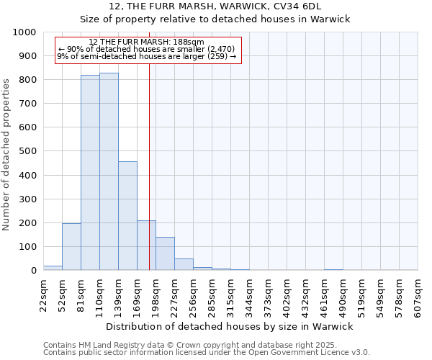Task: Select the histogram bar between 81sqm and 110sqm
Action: point(90,173)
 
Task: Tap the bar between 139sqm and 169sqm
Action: point(127,216)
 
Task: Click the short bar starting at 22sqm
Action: point(53,268)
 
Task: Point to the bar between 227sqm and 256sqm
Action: point(184,264)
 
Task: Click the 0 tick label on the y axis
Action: point(34,271)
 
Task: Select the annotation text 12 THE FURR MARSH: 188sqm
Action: point(147,42)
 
